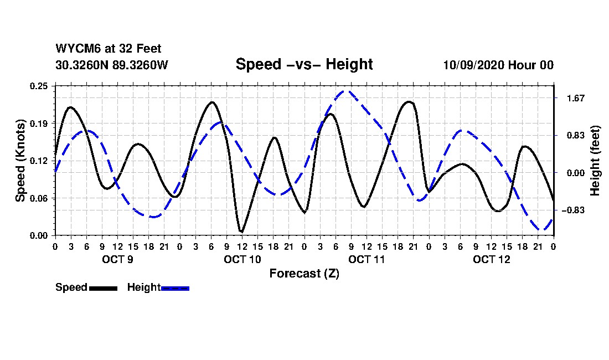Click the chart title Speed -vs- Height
point(304,64)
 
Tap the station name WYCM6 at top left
point(75,49)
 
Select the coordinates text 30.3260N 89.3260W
point(111,65)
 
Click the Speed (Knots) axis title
point(20,161)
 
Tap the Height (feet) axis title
point(596,161)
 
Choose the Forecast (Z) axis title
point(304,274)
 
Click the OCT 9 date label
point(117,259)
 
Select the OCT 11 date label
point(367,259)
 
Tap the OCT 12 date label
point(491,259)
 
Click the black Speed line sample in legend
point(103,288)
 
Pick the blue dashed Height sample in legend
point(175,288)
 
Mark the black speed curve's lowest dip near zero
point(241,232)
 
